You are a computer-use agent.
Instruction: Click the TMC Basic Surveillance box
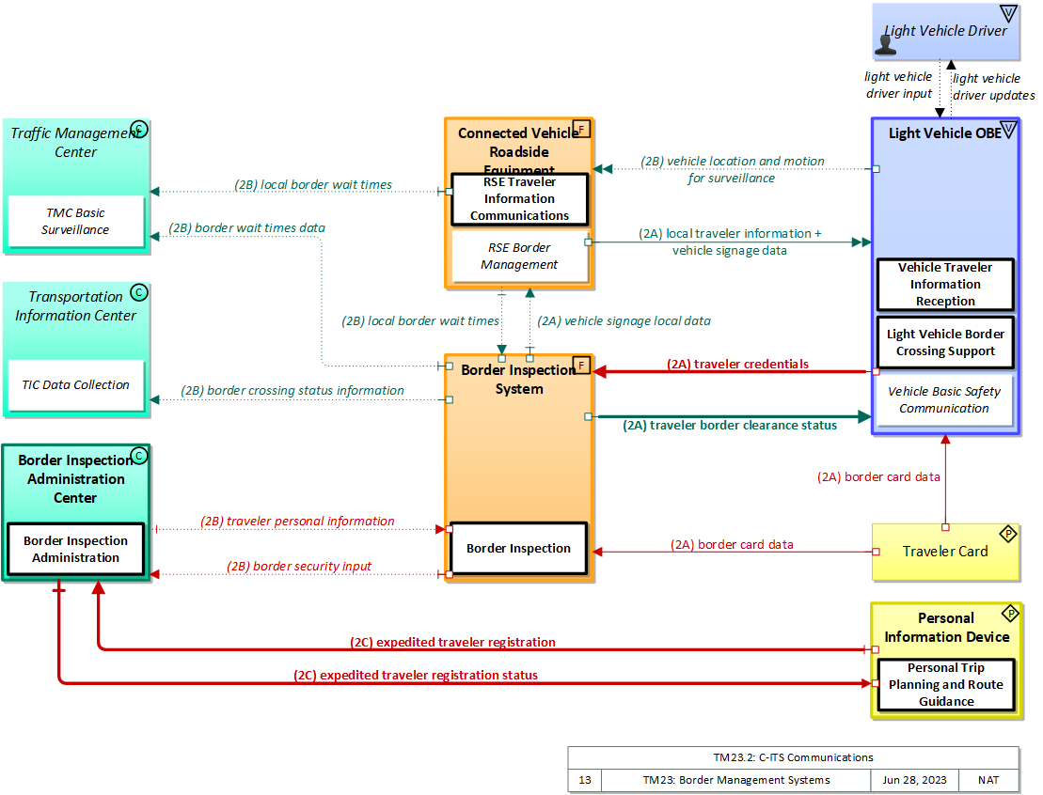tap(75, 222)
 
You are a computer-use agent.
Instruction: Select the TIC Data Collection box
tap(76, 384)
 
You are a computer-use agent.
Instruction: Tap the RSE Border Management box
tap(520, 257)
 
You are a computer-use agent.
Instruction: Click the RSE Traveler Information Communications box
tap(519, 198)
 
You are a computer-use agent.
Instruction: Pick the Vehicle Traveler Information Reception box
tap(945, 285)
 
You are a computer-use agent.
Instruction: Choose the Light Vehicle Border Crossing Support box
tap(945, 342)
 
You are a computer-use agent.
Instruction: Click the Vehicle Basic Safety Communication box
tap(944, 400)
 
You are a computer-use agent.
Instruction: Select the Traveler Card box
tap(945, 552)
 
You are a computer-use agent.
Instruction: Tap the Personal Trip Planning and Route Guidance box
tap(945, 685)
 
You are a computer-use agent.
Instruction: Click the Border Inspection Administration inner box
tap(75, 549)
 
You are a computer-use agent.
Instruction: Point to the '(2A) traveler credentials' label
tap(738, 364)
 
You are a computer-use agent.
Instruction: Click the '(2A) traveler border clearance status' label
tap(730, 426)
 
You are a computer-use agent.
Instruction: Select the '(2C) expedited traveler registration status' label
tap(416, 675)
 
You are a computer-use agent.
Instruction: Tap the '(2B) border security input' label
tap(299, 567)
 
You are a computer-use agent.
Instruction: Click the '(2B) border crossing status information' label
tap(292, 391)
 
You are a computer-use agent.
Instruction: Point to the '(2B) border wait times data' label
tap(247, 228)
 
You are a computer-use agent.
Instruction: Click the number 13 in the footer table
tap(584, 780)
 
